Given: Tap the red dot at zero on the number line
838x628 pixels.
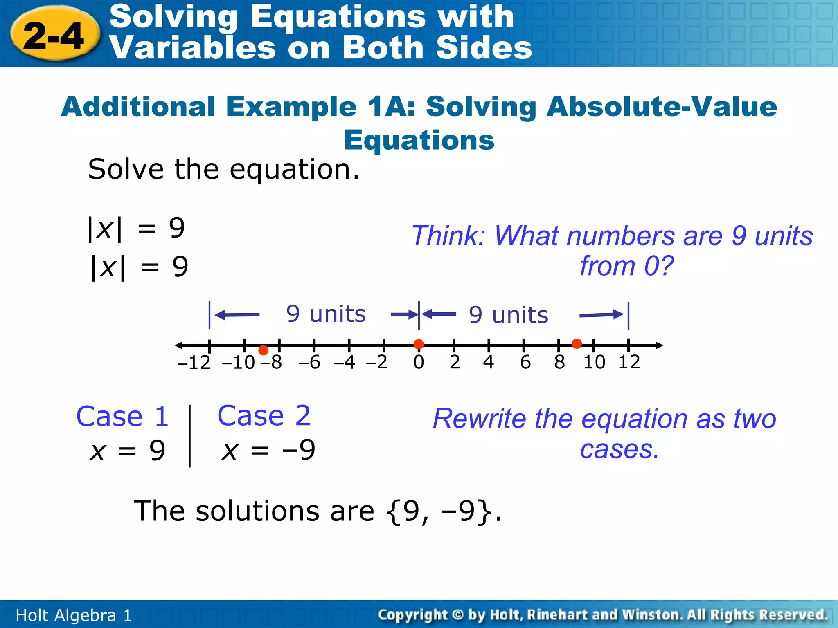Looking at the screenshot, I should point(419,344).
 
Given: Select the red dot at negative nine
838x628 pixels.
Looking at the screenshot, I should point(264,350).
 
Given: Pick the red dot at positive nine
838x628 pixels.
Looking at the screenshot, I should point(577,344).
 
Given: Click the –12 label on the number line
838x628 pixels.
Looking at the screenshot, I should point(194,363).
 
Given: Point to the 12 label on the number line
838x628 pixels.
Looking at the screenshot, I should point(629,362).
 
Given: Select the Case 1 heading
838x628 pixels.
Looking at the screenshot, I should point(122,416).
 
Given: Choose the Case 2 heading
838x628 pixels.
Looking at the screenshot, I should point(264,416).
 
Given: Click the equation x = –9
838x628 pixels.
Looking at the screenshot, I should point(268,450).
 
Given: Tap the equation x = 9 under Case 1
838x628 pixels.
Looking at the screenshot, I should point(127,451).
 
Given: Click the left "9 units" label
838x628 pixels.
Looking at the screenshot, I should point(326,314).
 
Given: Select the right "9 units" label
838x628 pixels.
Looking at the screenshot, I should point(508,315).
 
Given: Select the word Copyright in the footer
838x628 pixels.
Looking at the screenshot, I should point(412,615).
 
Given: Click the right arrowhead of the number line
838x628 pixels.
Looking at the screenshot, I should point(659,345).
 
